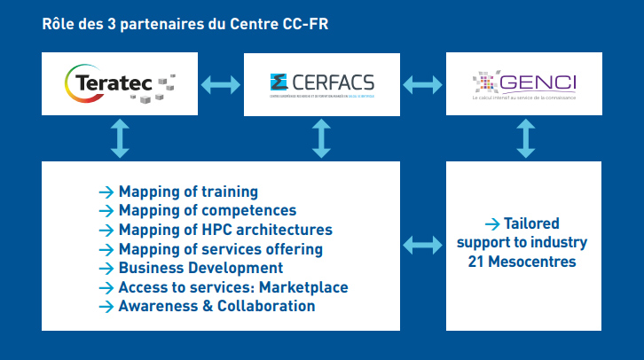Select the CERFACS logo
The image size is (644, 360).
(322, 84)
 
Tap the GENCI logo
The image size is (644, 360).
(526, 85)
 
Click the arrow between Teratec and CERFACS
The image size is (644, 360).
(220, 85)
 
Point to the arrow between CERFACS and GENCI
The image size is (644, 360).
(424, 85)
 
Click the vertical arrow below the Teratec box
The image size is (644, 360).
(120, 139)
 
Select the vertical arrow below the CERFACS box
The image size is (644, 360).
(322, 139)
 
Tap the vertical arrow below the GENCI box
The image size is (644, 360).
(526, 139)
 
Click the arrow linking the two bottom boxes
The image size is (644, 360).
(424, 243)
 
